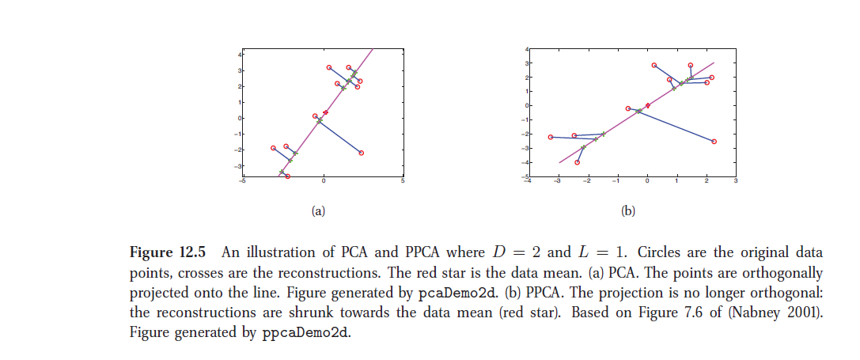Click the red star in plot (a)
(325, 112)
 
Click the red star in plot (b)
(647, 105)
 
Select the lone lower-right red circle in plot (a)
(362, 153)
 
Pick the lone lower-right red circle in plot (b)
(714, 142)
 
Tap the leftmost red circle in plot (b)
(551, 137)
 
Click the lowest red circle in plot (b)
(578, 162)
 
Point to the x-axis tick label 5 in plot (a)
(403, 182)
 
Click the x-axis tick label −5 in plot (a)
(243, 182)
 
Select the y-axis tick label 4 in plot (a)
(241, 53)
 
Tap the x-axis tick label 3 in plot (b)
(735, 182)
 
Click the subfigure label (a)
(318, 211)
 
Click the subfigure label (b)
(628, 211)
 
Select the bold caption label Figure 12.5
(168, 253)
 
